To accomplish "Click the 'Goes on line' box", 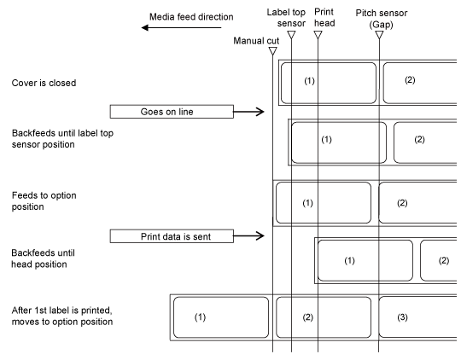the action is pos(172,112).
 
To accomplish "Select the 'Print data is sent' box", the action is pos(172,236).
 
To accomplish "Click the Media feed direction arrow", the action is pos(181,28).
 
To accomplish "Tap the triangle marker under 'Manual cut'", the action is pos(273,51).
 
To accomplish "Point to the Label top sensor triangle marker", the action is pos(291,35).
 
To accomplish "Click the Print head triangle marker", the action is pos(318,35).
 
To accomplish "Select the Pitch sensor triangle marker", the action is pos(379,35).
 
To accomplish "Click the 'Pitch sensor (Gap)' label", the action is pos(382,19).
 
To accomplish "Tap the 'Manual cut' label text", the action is pos(256,41).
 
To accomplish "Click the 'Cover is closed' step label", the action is pos(44,83).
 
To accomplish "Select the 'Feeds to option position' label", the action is pos(44,201).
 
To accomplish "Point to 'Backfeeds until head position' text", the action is pos(43,258).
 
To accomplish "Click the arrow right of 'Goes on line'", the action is pos(248,112).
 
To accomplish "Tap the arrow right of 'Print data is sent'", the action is pos(248,235).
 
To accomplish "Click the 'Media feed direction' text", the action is pos(191,17).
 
